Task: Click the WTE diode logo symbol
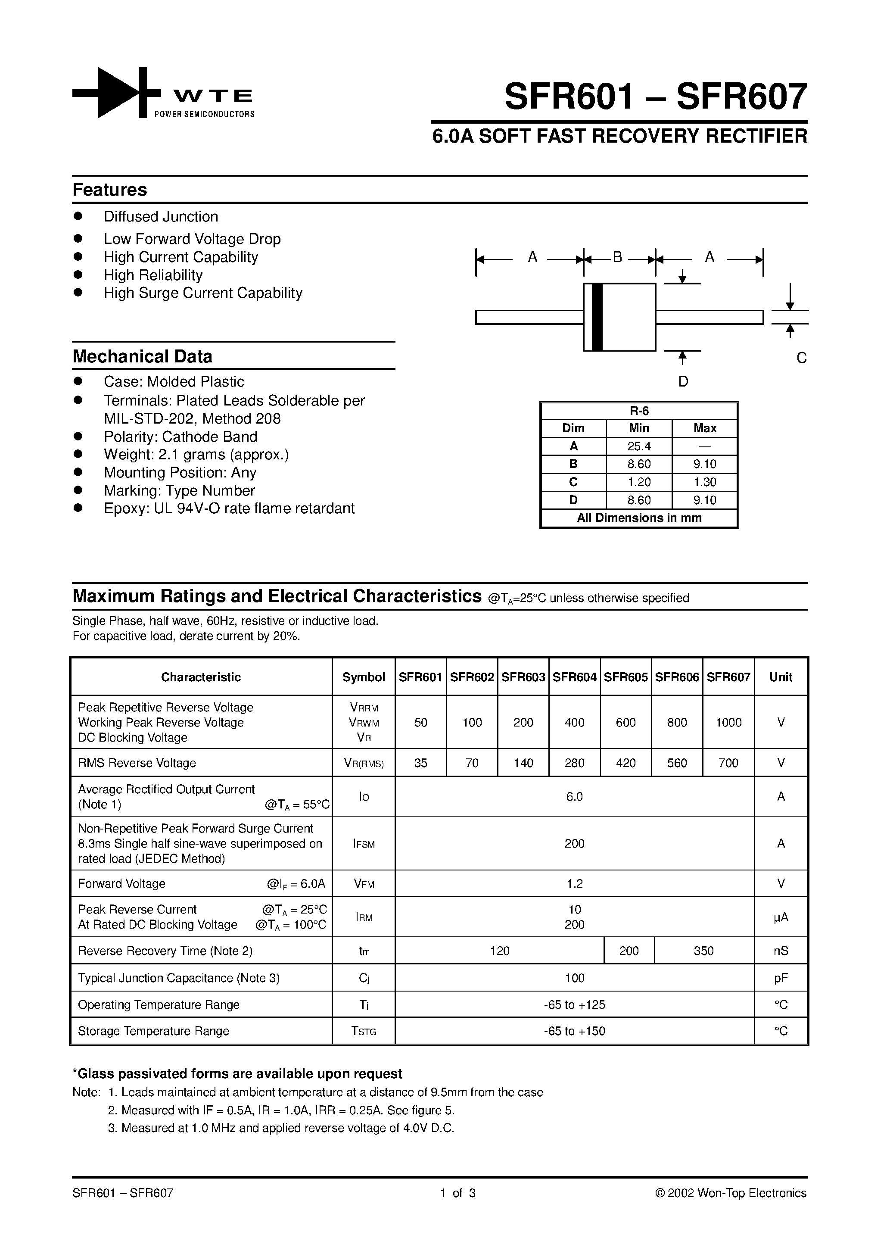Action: click(117, 93)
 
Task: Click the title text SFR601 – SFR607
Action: click(656, 97)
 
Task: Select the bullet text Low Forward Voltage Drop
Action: click(192, 239)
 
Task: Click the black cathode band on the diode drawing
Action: click(597, 317)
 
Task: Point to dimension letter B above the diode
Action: click(617, 257)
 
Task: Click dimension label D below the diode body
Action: click(683, 381)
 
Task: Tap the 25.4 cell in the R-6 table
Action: click(639, 446)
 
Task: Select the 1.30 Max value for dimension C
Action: click(704, 482)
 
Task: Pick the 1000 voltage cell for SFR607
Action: click(728, 723)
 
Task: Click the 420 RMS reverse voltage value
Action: click(625, 763)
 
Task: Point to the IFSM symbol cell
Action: click(364, 843)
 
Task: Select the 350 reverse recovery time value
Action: click(703, 951)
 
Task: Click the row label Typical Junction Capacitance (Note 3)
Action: click(179, 978)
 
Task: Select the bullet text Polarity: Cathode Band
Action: click(180, 437)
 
